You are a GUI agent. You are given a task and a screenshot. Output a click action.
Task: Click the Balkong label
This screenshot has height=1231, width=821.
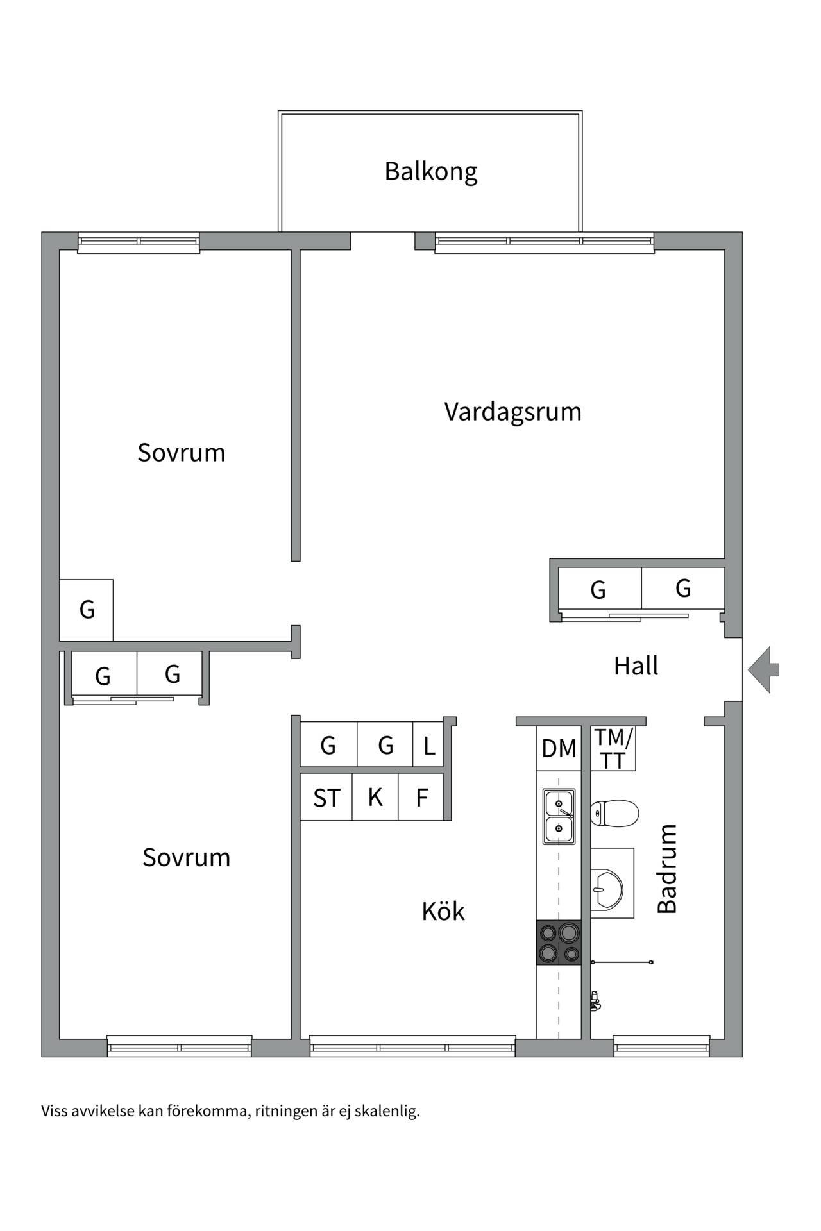tap(431, 172)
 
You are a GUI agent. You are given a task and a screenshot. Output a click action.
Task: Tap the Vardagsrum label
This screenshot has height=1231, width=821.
tap(512, 412)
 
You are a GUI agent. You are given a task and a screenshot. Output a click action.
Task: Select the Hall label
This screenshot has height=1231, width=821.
tap(636, 666)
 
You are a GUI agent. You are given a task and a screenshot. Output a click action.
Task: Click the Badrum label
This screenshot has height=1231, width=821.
tap(667, 869)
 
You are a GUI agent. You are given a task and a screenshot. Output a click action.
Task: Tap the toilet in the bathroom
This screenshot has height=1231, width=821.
tap(614, 814)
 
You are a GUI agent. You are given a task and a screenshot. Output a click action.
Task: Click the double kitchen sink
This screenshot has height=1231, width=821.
tap(559, 816)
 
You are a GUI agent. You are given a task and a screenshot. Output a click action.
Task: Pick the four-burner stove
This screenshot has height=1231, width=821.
tap(559, 942)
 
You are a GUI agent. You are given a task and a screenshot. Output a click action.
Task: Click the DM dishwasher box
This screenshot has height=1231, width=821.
tap(559, 748)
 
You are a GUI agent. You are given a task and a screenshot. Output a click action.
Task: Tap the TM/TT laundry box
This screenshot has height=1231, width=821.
tap(613, 748)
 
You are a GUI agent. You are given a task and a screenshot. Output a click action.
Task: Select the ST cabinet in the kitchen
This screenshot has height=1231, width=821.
tap(326, 797)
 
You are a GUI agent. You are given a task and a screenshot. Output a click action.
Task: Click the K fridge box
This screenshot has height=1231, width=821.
tap(375, 797)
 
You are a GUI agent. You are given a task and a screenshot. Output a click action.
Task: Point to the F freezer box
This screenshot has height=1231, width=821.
tap(421, 797)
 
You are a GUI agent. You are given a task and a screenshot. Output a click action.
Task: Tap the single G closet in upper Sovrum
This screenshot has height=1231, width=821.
tap(87, 610)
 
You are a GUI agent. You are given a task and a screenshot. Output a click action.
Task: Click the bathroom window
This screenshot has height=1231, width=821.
tap(661, 1046)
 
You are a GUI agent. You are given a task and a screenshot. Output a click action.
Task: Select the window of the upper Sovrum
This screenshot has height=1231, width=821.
tap(139, 242)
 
